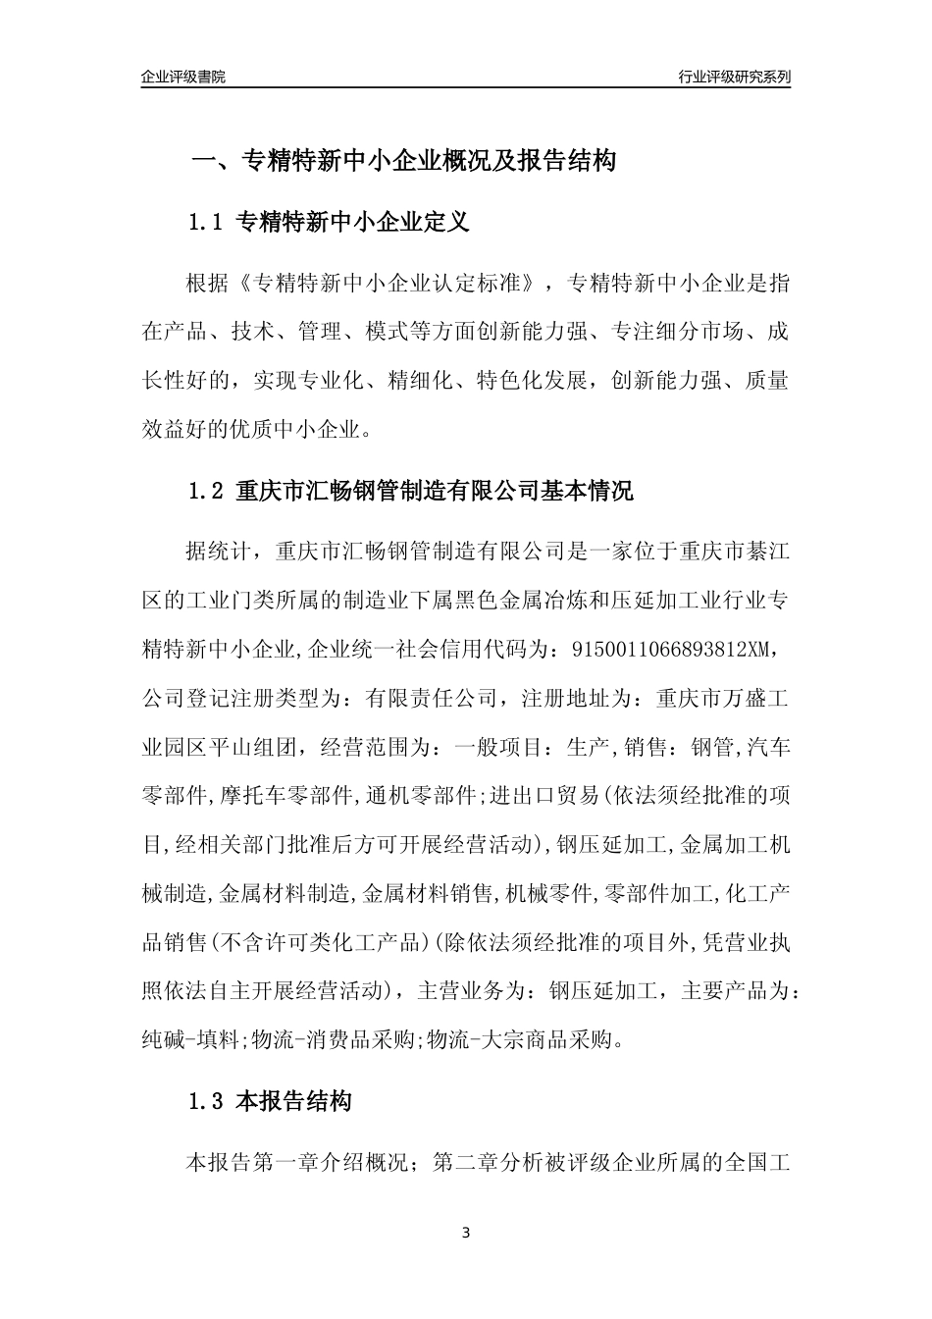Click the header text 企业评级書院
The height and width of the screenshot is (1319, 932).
point(183,77)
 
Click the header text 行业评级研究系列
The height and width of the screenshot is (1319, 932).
point(734,77)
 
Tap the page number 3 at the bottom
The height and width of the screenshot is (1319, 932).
point(465,1233)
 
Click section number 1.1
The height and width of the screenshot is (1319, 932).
point(207,223)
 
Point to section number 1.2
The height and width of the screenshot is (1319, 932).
point(207,492)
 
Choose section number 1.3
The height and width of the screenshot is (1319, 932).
point(207,1102)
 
